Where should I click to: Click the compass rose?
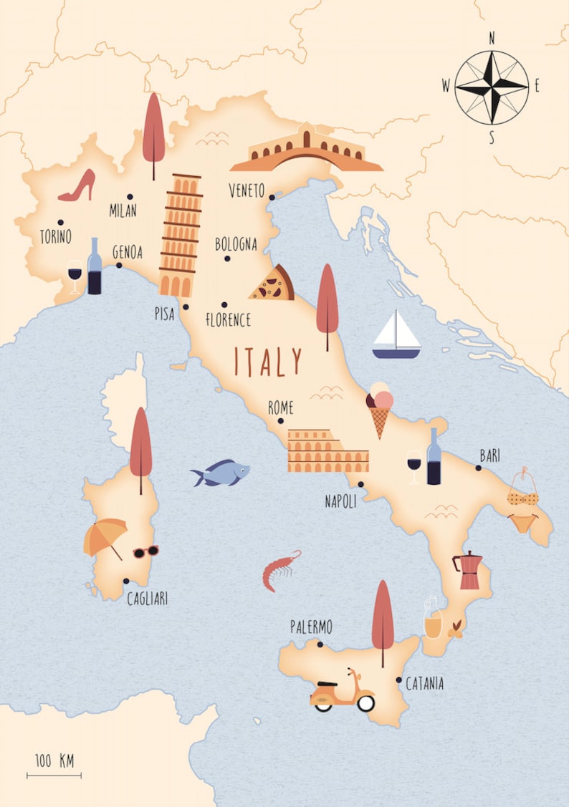[492, 87]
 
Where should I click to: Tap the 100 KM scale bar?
[54, 773]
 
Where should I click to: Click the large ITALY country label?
[268, 362]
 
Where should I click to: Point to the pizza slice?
[273, 284]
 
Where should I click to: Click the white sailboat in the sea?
[396, 335]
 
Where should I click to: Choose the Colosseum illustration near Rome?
[327, 451]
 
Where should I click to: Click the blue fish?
[219, 473]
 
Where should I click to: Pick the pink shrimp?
[279, 570]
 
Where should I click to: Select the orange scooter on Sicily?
[343, 693]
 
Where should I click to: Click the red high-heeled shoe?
[78, 186]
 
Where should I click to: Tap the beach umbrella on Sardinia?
[105, 538]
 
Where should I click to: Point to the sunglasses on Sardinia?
[145, 551]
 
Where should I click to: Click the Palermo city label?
[311, 628]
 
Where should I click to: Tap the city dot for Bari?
[478, 468]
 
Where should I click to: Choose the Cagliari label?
[147, 599]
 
